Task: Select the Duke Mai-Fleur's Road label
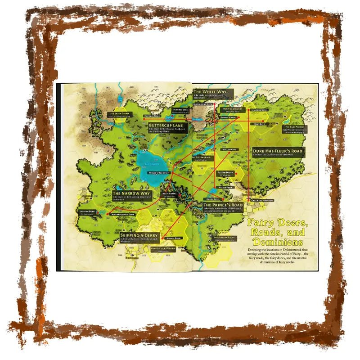coord(277,150)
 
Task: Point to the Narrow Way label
coord(130,193)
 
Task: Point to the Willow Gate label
coord(229,148)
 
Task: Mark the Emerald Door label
coord(153,116)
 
